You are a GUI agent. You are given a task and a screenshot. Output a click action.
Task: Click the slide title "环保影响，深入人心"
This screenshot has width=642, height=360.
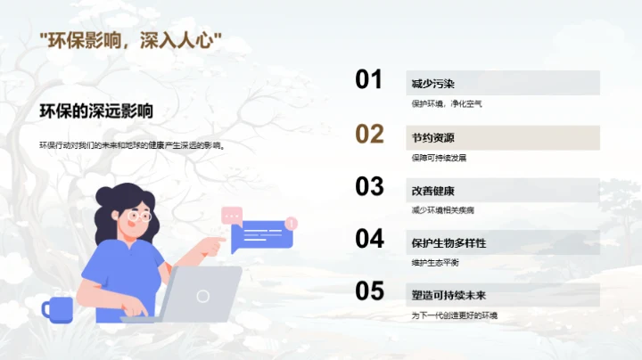coord(131,41)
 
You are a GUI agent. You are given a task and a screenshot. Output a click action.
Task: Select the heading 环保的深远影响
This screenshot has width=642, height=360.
coord(95,111)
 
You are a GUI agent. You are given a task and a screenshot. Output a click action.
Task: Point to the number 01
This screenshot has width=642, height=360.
coord(369,80)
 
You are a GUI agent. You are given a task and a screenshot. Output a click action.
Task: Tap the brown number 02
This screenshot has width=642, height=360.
coord(369,135)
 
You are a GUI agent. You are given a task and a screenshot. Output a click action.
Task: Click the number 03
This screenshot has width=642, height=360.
coord(369,186)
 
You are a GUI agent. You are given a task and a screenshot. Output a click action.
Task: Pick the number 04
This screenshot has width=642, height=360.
coord(369,239)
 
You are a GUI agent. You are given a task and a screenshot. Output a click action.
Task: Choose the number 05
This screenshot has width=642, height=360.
coord(369,291)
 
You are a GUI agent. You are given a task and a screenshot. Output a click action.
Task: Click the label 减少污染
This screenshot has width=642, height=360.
coord(433,84)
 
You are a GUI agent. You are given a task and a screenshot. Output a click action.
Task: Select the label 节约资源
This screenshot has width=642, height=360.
coord(433,138)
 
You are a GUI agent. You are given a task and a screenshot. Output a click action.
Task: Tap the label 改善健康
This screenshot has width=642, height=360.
coord(433,191)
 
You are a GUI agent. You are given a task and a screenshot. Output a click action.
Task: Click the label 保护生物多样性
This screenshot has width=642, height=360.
coord(449,243)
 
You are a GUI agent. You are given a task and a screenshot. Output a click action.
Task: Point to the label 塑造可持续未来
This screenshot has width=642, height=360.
coord(449,295)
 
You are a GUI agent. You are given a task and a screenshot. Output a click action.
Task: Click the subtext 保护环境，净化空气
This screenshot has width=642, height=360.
coord(447,103)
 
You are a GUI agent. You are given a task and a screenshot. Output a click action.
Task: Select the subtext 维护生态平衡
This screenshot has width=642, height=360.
coord(436,262)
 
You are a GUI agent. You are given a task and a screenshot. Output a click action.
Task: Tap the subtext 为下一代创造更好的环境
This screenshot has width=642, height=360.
coord(454,315)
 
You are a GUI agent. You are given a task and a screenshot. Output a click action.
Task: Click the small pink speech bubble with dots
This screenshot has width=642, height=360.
coord(232,215)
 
